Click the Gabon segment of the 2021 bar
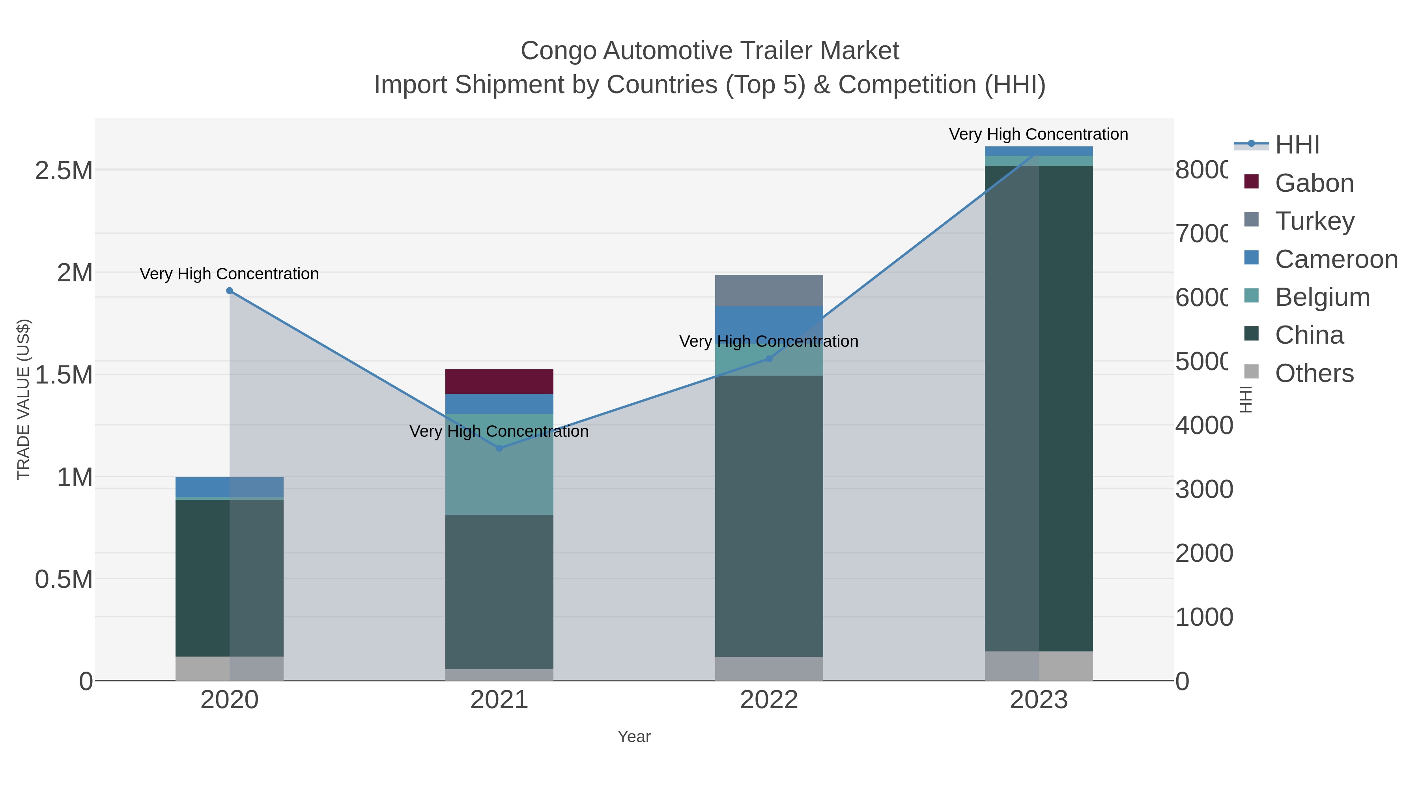(499, 381)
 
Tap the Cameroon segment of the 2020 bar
(229, 487)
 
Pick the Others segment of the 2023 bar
(1039, 666)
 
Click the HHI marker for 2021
(499, 448)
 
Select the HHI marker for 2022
(769, 359)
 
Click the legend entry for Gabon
(1314, 183)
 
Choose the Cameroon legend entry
(1336, 259)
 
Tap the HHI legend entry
(1297, 145)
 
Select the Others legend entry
(1314, 373)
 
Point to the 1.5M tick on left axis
(64, 375)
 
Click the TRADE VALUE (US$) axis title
(24, 399)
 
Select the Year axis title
(634, 737)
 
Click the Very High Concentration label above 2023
(1038, 134)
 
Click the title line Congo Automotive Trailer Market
(710, 51)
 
